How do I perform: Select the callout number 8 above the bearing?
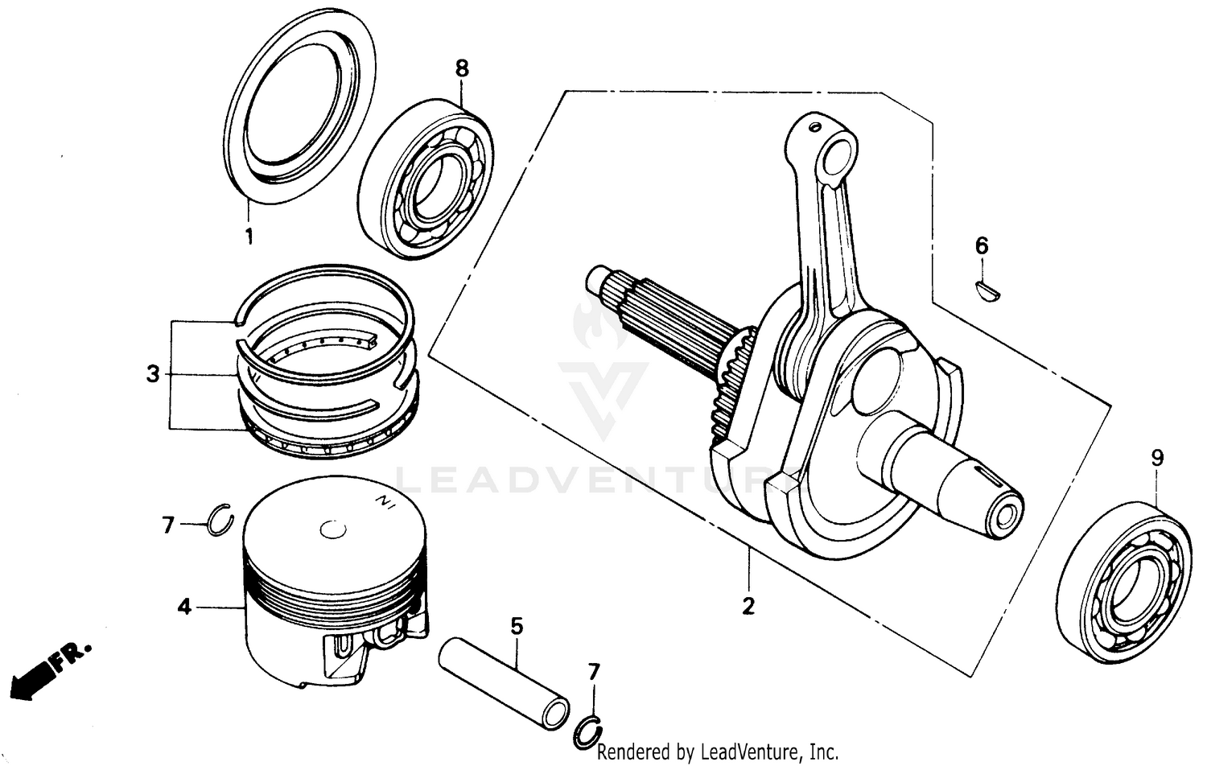[x=461, y=68]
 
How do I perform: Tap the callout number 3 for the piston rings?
[x=153, y=374]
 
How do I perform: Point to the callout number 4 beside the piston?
[x=185, y=607]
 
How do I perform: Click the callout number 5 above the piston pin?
[x=517, y=625]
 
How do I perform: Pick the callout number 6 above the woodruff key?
[x=982, y=246]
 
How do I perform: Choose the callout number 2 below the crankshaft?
[x=748, y=606]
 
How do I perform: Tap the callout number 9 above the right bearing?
[x=1157, y=459]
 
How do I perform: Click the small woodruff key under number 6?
[x=987, y=290]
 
